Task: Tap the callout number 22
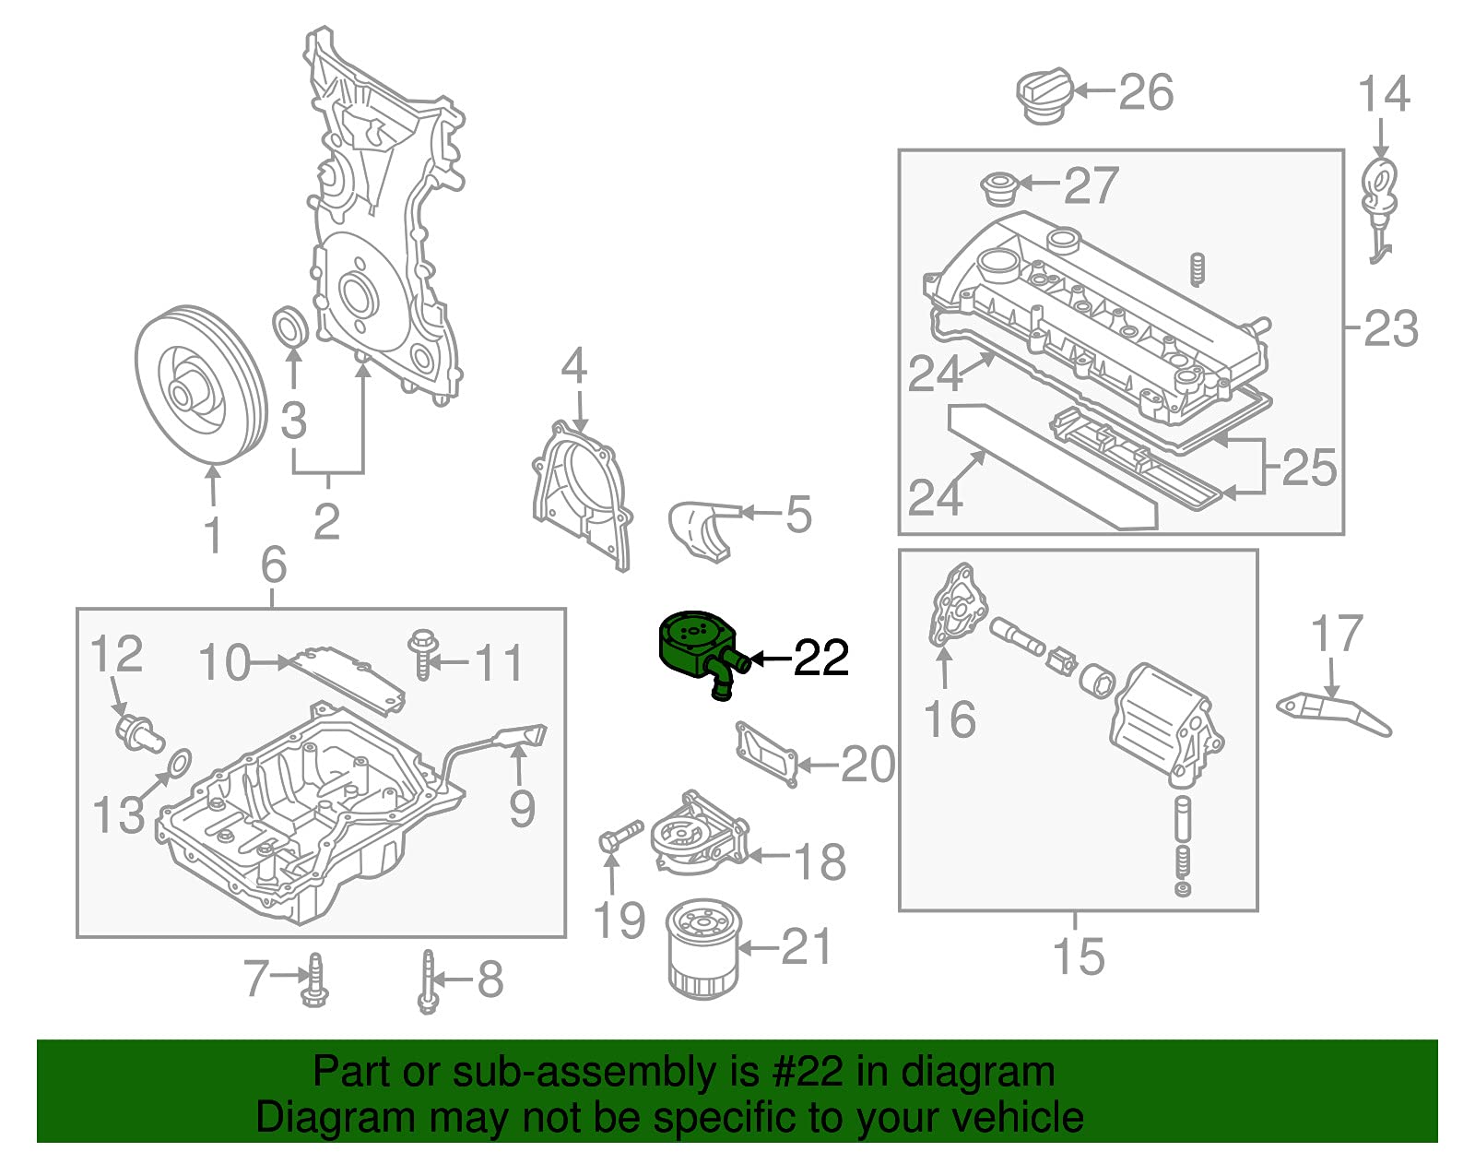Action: tap(820, 658)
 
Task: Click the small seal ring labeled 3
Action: tap(291, 327)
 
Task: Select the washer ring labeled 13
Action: tap(182, 761)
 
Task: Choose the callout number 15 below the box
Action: tap(1078, 956)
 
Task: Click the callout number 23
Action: tap(1390, 328)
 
